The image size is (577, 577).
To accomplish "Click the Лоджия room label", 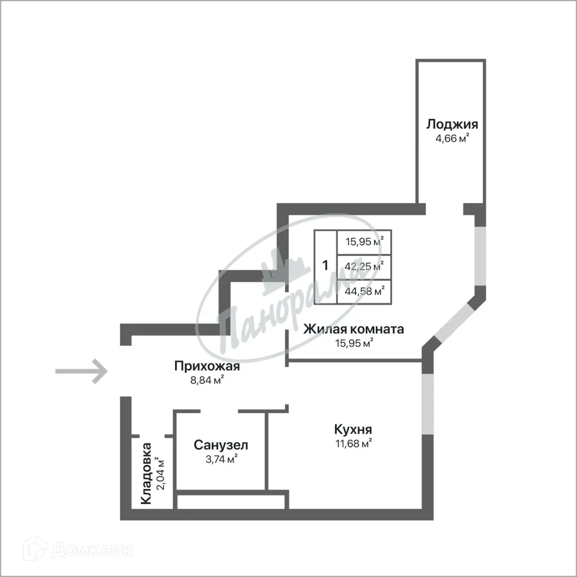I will tap(452, 125).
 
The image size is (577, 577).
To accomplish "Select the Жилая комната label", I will tap(353, 329).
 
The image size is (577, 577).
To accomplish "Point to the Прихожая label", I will tap(207, 367).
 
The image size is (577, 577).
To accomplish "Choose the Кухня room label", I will tap(353, 429).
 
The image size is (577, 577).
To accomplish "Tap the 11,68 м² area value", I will tap(353, 443).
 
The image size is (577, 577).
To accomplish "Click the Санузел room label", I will tap(221, 445).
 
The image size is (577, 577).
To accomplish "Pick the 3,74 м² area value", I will tap(221, 459).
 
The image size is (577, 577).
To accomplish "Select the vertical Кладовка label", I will tap(146, 474).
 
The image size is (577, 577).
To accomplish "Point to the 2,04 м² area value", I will tap(162, 474).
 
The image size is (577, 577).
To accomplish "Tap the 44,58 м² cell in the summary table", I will tap(364, 291).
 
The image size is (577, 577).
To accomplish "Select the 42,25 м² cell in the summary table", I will tap(364, 266).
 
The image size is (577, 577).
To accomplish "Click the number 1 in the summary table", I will tap(326, 265).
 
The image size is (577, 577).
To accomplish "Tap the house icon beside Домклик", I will tap(39, 550).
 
